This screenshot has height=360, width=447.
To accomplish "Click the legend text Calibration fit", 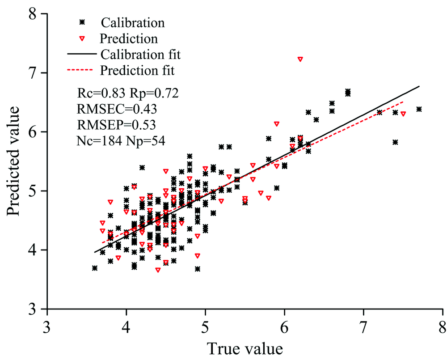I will tap(140, 55).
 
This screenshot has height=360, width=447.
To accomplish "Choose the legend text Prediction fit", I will tap(137, 71).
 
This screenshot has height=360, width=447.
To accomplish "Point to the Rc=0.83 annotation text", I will tap(101, 93).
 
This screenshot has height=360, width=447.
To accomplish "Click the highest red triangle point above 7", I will tap(300, 59).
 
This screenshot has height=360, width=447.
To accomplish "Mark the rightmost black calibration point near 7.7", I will tap(419, 109).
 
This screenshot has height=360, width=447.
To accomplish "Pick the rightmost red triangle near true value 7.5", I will tap(403, 114).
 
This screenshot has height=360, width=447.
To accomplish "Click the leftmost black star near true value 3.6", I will tap(95, 268).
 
